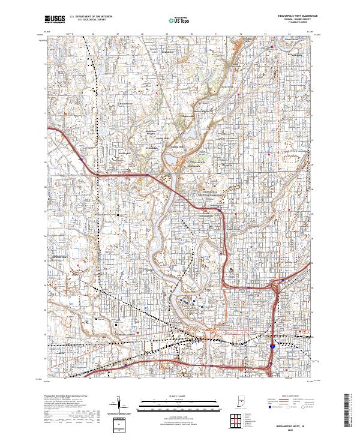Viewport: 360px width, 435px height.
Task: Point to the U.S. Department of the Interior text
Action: [91, 17]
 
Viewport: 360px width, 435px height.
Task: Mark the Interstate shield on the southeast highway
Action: [272, 346]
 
